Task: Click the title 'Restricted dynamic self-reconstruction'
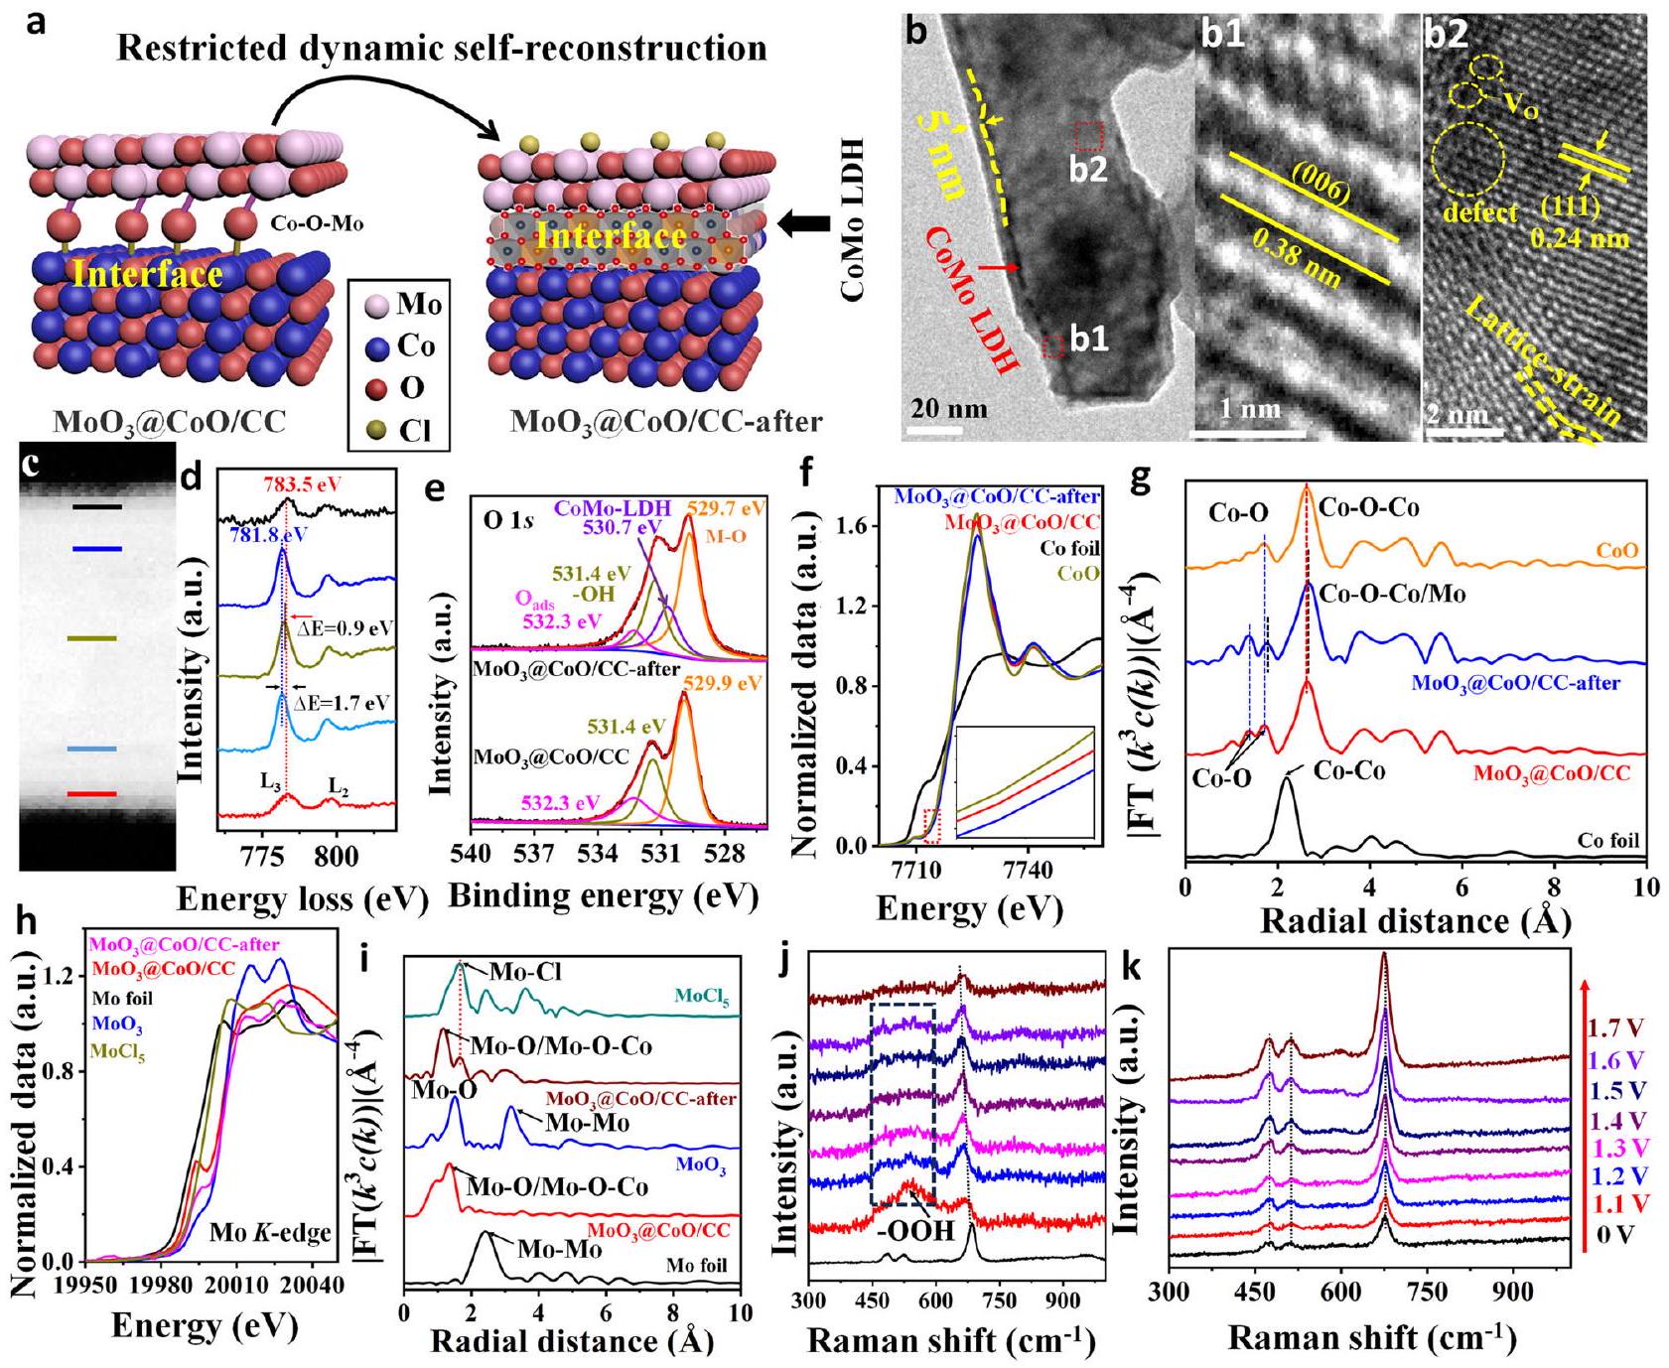[442, 49]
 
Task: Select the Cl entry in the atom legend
[409, 429]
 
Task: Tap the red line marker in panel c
[91, 794]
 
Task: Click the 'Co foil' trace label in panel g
[1608, 841]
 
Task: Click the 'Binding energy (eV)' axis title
[603, 895]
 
